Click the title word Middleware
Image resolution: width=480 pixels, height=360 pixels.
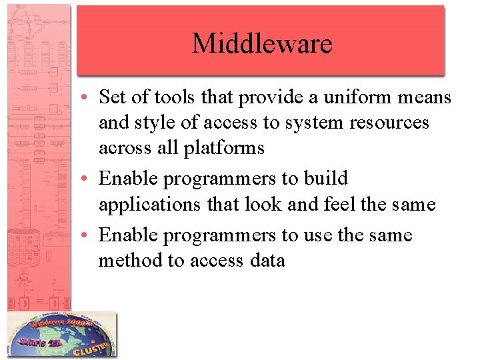click(x=261, y=44)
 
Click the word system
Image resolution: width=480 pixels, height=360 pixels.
click(x=292, y=123)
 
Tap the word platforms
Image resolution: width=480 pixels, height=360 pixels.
click(x=224, y=148)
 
